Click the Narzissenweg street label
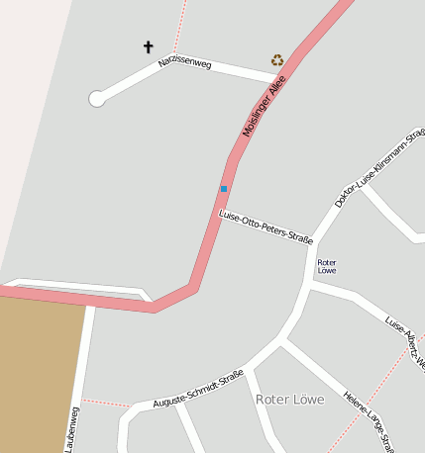185,63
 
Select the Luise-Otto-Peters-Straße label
266,226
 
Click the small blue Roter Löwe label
326,265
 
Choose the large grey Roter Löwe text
289,399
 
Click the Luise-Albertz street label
405,340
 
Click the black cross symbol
149,46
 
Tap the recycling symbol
277,59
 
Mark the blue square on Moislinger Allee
224,188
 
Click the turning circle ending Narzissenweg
97,98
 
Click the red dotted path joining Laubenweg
105,402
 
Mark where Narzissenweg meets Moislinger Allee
281,75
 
